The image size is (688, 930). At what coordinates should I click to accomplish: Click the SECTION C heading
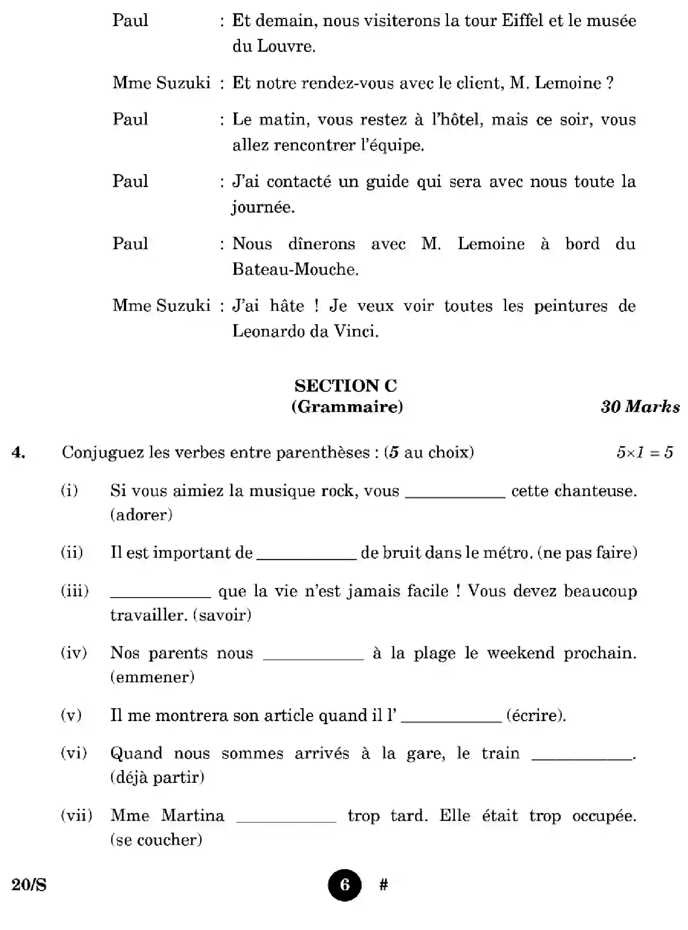(346, 386)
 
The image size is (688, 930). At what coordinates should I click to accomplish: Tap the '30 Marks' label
(640, 406)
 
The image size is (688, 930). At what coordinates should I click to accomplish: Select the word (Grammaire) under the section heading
(347, 406)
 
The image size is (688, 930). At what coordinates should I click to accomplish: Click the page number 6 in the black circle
(344, 885)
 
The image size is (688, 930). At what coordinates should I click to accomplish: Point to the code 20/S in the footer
(29, 885)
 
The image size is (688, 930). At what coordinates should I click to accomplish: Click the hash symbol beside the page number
(384, 885)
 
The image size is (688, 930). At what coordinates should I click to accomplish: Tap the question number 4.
(18, 452)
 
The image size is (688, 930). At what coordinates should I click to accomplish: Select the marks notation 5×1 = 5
(645, 452)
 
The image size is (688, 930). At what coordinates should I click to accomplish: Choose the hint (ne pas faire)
(587, 552)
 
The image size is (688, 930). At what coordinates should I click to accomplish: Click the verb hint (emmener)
(152, 677)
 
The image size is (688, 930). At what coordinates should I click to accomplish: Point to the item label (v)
(71, 715)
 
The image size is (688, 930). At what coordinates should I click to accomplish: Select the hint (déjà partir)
(157, 777)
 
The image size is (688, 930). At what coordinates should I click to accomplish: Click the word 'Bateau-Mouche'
(295, 269)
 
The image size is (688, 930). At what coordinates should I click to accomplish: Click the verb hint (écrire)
(536, 715)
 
